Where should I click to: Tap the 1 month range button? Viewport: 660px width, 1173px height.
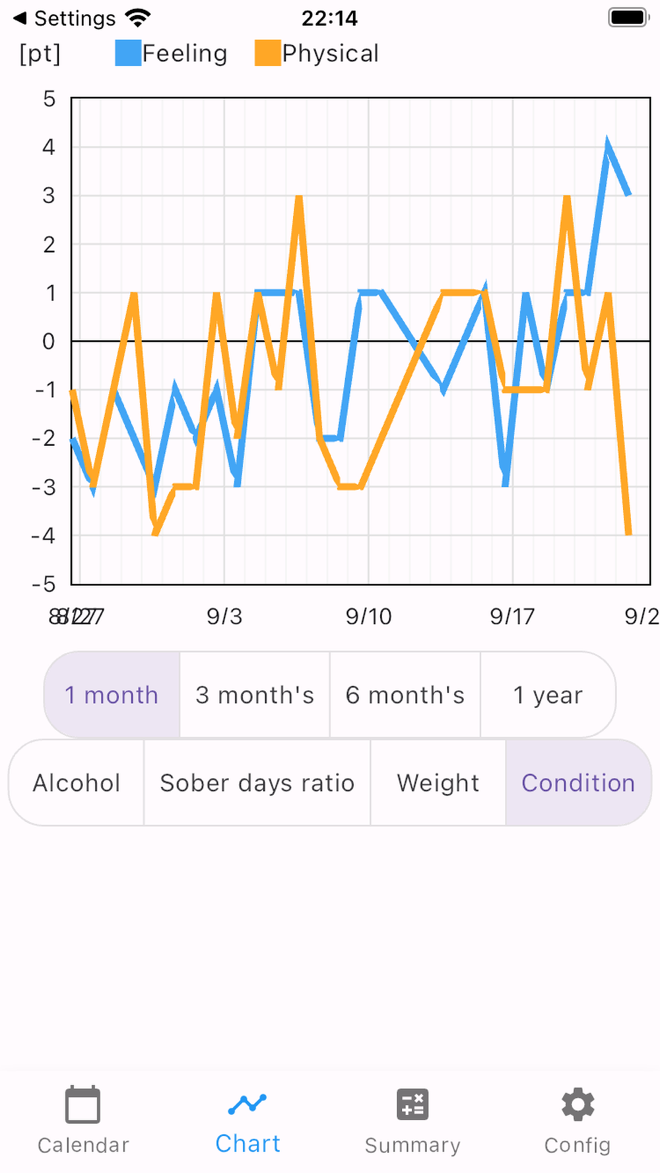coord(112,695)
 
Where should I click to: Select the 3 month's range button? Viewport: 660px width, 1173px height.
coord(255,695)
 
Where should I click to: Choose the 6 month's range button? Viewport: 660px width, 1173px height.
coord(405,695)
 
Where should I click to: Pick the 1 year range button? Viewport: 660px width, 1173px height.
coord(548,695)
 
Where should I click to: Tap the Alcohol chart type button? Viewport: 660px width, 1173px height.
coord(77,782)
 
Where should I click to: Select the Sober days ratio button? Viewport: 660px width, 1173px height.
coord(257,782)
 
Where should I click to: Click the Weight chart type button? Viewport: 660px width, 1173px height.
coord(438,782)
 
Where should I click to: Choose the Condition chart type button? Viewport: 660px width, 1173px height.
coord(578,782)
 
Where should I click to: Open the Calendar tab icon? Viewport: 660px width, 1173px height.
coord(82,1104)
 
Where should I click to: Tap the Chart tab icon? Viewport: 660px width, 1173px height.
coord(247,1103)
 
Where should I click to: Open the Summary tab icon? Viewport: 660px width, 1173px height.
coord(412,1104)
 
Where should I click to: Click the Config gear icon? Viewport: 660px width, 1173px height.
coord(577,1104)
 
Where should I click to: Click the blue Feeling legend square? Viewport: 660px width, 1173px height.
coord(128,53)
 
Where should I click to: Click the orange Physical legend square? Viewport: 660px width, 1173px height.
coord(268,53)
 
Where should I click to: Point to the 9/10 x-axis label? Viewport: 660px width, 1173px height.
coord(368,616)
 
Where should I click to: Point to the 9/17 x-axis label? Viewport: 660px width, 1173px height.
coord(512,616)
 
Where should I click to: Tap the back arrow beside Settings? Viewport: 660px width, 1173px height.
coord(20,18)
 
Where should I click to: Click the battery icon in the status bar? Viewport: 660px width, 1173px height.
coord(628,18)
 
